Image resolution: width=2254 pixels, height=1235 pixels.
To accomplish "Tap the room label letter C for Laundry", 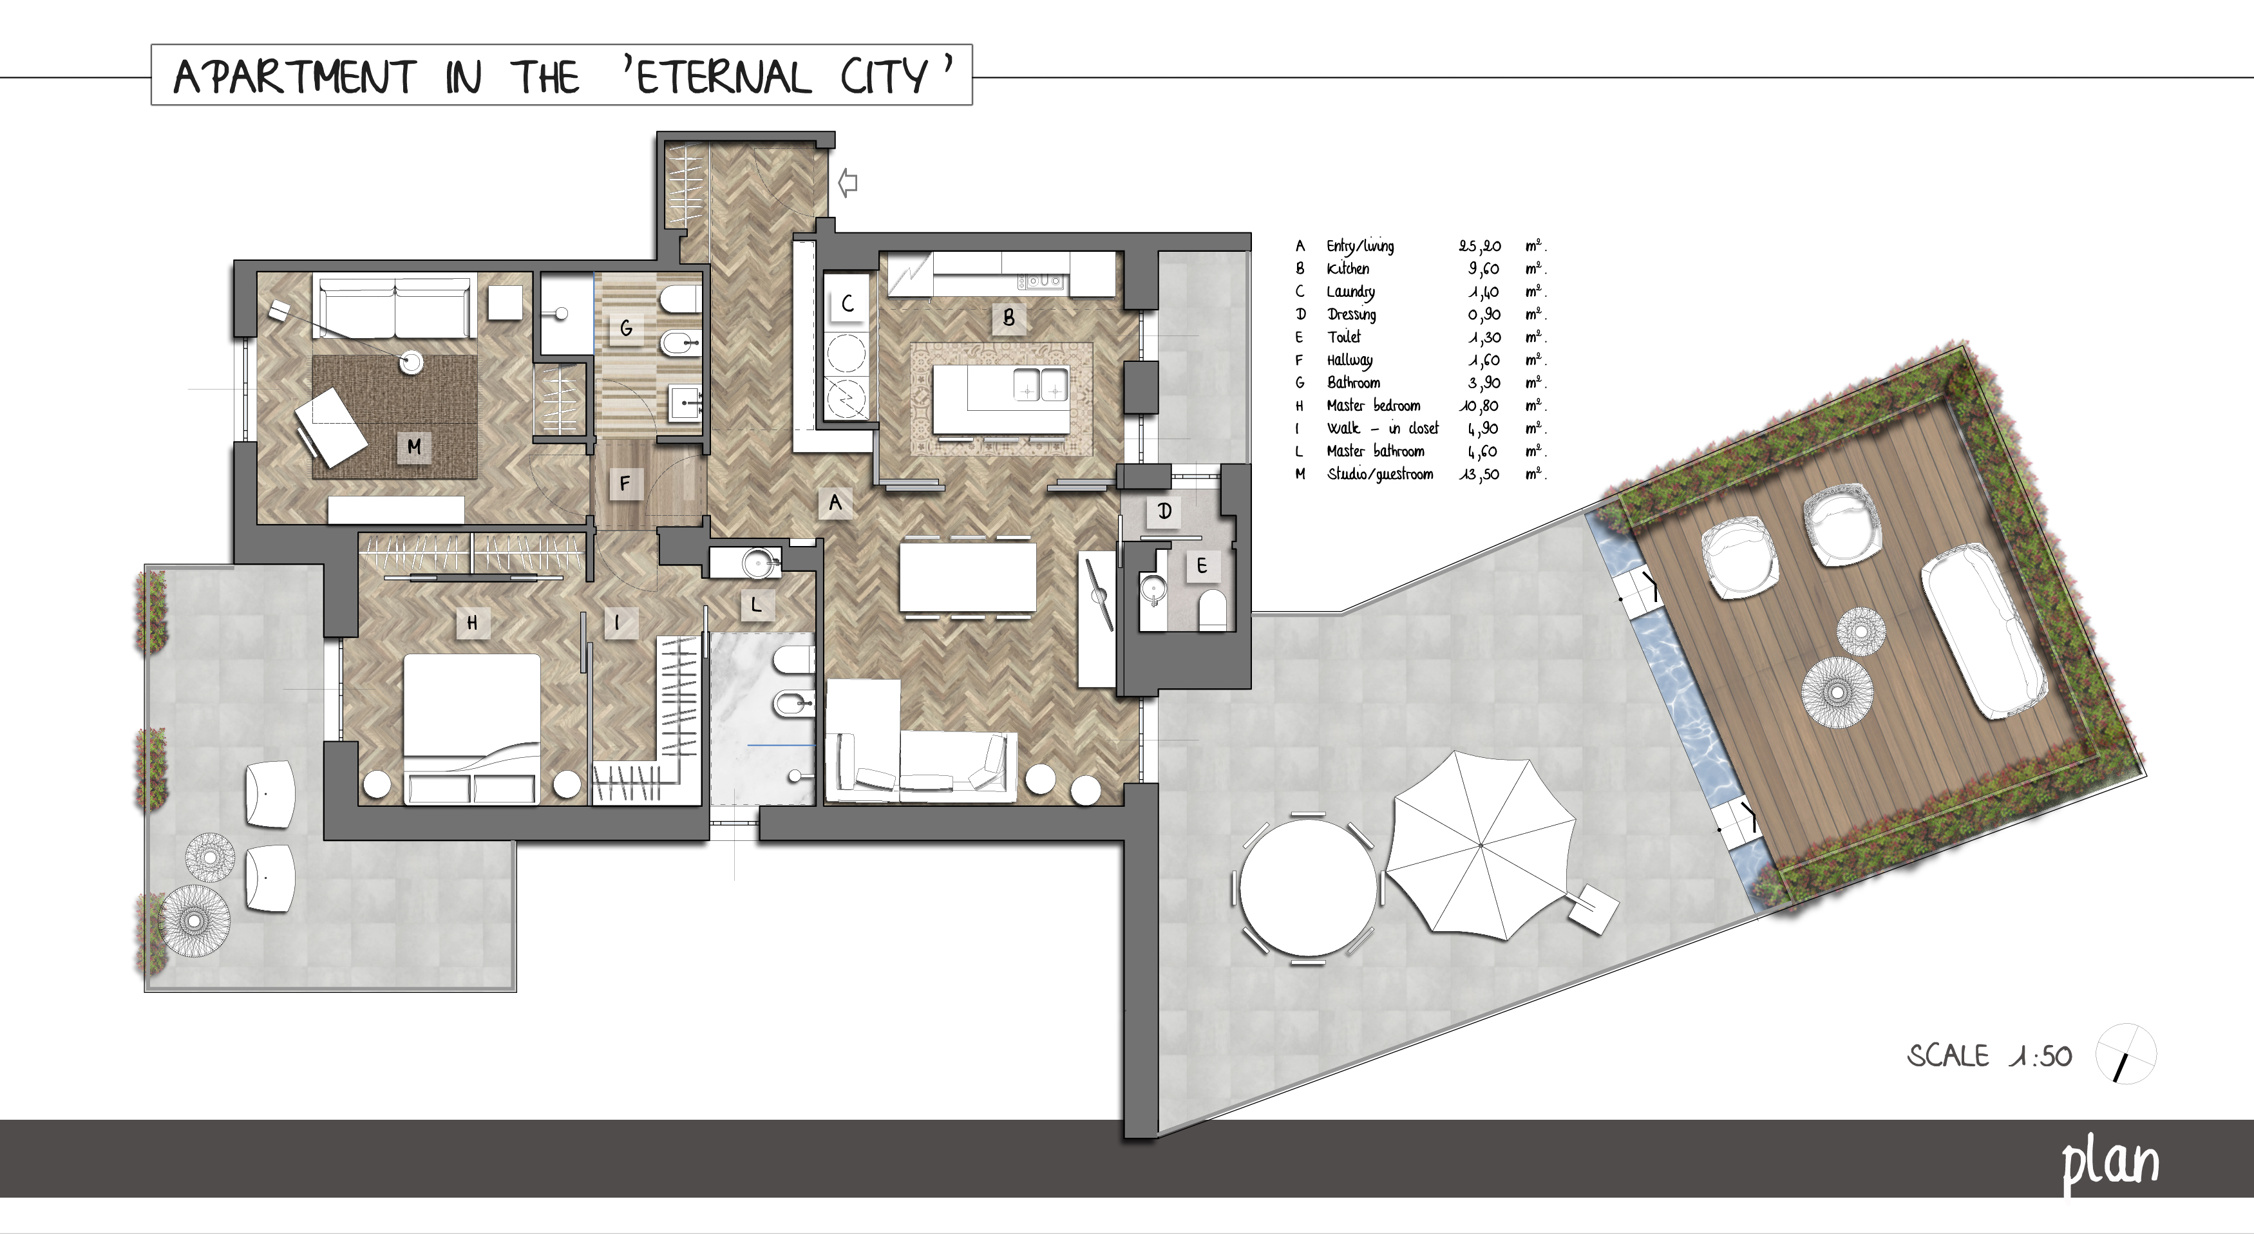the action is pos(847,303).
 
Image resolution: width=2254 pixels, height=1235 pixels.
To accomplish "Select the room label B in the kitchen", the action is pos(1008,317).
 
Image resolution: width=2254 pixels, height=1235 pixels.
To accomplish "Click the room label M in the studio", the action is pos(414,447).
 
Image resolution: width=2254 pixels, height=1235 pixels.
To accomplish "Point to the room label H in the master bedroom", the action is pos(473,623).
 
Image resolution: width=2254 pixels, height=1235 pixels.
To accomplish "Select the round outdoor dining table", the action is pos(1308,889).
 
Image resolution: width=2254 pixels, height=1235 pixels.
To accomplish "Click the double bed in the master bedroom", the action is pos(471,728).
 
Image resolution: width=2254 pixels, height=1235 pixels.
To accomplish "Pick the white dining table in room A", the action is pos(968,578).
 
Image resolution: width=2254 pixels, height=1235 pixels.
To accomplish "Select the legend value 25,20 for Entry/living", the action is pos(1480,247).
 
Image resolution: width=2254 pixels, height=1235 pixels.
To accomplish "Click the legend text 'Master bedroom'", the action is pos(1374,406).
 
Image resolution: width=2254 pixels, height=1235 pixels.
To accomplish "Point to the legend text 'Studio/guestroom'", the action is pos(1380,474).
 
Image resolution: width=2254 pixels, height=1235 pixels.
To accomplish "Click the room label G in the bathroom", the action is pos(625,328).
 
